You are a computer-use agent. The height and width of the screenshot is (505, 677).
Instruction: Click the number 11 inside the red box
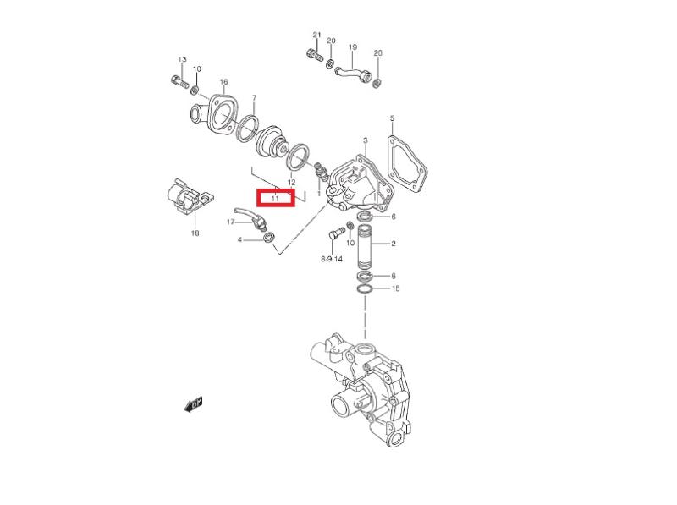tap(275, 199)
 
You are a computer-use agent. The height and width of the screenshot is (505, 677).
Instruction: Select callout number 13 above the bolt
tap(182, 59)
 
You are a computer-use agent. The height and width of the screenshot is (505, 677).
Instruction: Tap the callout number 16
tap(223, 81)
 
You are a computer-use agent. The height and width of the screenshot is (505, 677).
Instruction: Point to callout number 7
tap(255, 98)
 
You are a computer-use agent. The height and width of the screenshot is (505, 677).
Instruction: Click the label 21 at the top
tap(316, 35)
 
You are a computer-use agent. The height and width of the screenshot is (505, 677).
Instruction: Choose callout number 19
tap(353, 47)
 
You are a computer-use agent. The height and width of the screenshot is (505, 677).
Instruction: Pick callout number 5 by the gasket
tap(392, 118)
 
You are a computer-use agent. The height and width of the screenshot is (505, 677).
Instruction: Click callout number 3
tap(366, 140)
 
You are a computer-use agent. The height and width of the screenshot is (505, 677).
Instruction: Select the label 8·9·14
tap(332, 259)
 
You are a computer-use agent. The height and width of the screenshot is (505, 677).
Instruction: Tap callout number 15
tap(395, 288)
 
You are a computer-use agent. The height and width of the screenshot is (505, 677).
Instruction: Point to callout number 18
tap(195, 233)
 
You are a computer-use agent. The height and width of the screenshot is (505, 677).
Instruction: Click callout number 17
tap(231, 222)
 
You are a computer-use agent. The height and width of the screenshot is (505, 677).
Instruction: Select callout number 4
tap(239, 239)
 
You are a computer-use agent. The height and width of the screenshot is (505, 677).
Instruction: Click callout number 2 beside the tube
tap(394, 244)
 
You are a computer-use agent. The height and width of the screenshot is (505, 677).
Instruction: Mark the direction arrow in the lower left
tap(193, 404)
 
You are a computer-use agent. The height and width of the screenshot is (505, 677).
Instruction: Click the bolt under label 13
tap(180, 81)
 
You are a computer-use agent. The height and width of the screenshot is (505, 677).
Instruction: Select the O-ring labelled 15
tap(366, 288)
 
